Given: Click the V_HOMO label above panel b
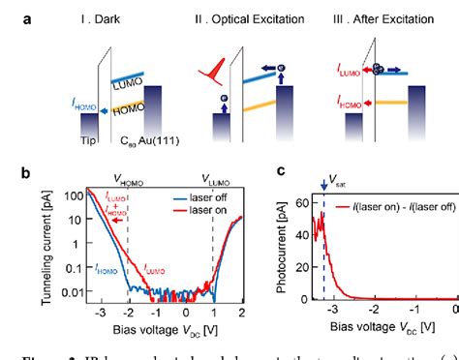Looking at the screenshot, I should [x=130, y=179].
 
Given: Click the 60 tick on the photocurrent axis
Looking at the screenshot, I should [x=302, y=200].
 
